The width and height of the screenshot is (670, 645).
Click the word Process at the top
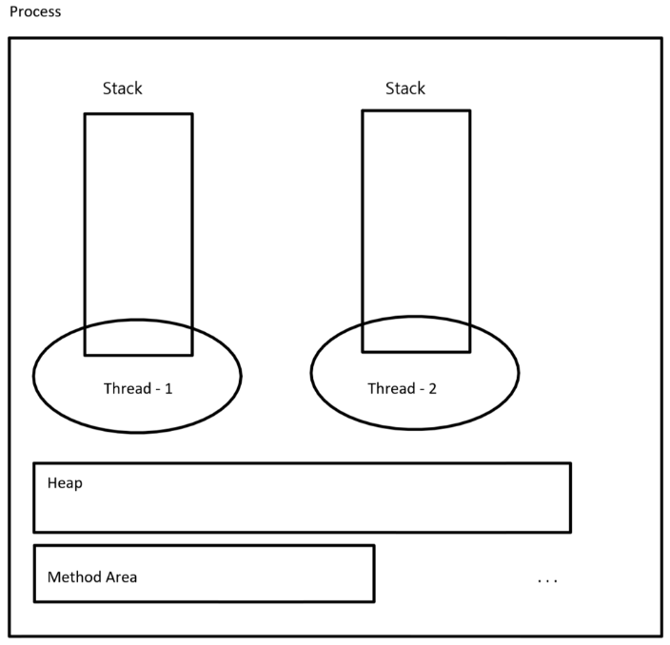click(35, 12)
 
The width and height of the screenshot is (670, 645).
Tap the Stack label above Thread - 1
click(123, 88)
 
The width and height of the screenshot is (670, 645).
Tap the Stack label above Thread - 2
click(405, 88)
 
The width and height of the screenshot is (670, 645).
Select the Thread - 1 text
click(138, 389)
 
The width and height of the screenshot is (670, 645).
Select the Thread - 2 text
click(403, 389)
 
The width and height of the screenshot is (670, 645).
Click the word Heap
click(65, 483)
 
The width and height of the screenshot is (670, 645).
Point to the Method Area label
click(92, 577)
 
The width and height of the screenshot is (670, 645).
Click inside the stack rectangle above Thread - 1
click(138, 219)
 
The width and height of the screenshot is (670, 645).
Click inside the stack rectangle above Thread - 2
click(416, 219)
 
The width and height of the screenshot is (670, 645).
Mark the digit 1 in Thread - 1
click(168, 389)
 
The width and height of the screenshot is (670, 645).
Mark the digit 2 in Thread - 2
click(433, 389)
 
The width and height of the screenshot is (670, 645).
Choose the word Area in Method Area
click(122, 577)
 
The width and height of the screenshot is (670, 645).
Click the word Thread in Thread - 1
click(126, 389)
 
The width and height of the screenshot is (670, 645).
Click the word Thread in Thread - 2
click(390, 389)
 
